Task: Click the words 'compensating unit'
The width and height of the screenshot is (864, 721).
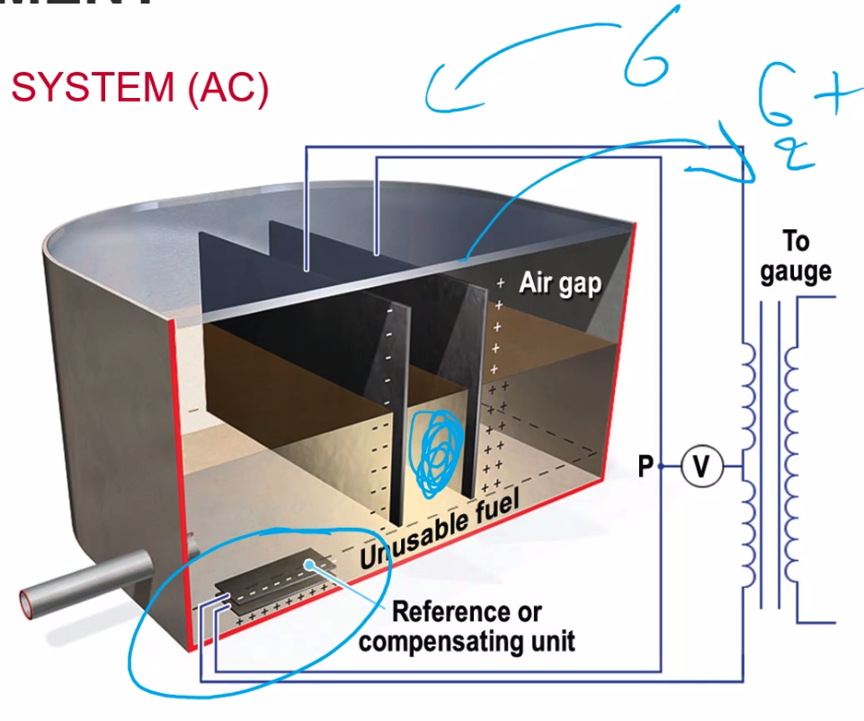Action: click(x=467, y=641)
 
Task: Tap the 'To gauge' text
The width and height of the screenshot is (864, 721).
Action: click(x=796, y=256)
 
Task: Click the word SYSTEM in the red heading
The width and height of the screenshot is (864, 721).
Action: click(x=93, y=89)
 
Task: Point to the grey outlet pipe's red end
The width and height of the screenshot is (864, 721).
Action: click(x=30, y=600)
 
